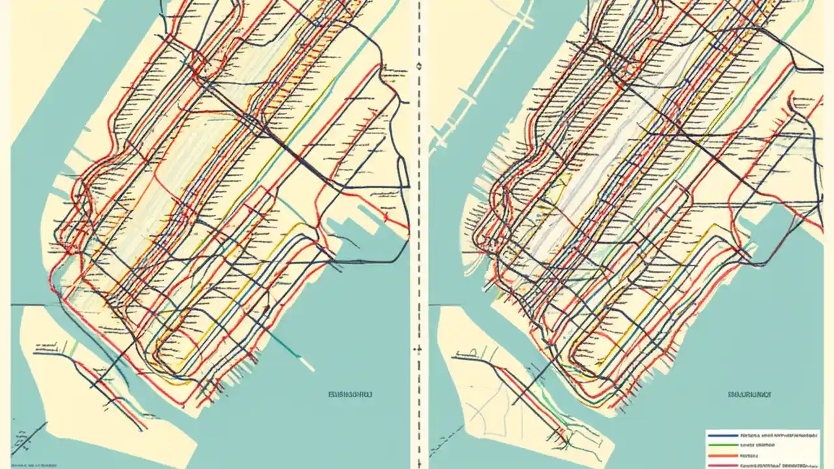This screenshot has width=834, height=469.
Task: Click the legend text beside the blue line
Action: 775,434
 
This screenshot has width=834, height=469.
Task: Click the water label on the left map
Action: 351,394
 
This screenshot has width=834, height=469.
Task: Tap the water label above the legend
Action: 749,394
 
